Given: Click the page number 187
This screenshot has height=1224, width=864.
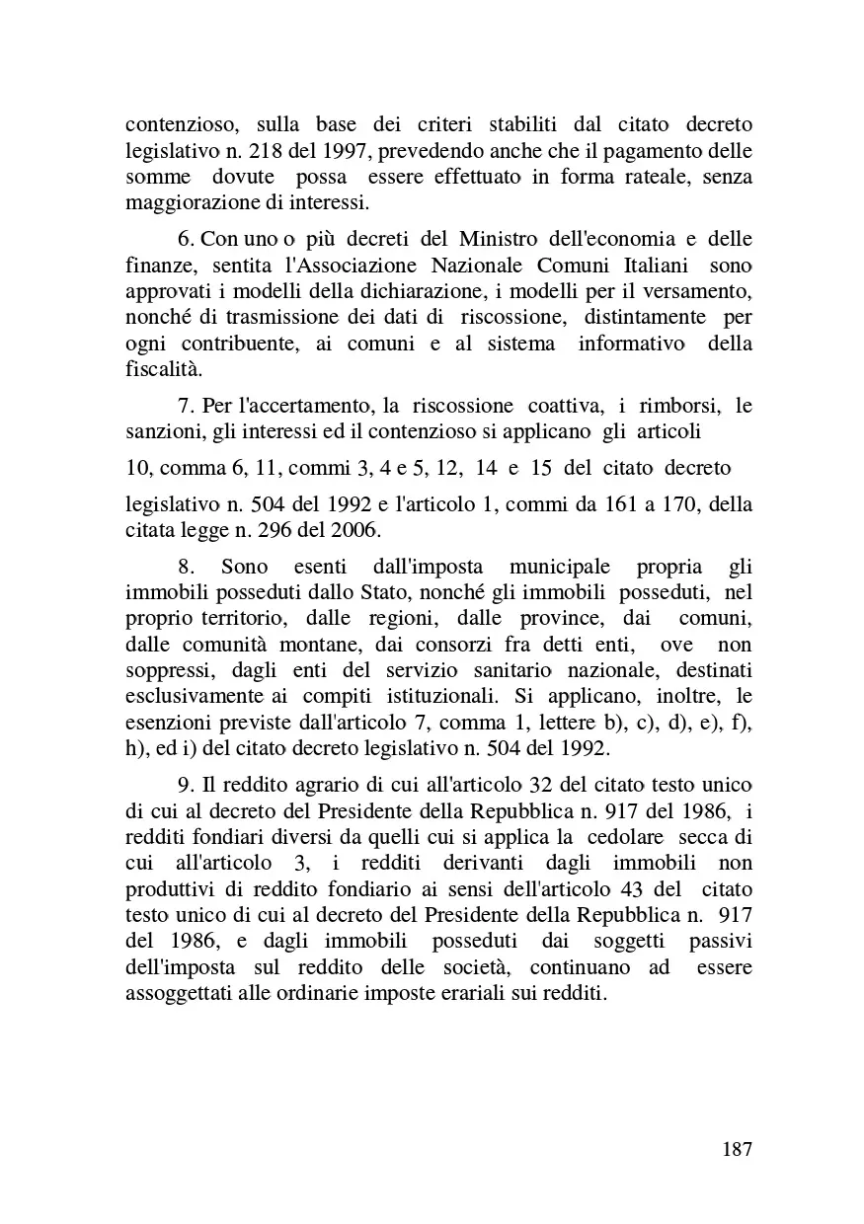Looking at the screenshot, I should pos(737,1149).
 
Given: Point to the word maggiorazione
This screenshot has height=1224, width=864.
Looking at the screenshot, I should pos(185,203).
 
